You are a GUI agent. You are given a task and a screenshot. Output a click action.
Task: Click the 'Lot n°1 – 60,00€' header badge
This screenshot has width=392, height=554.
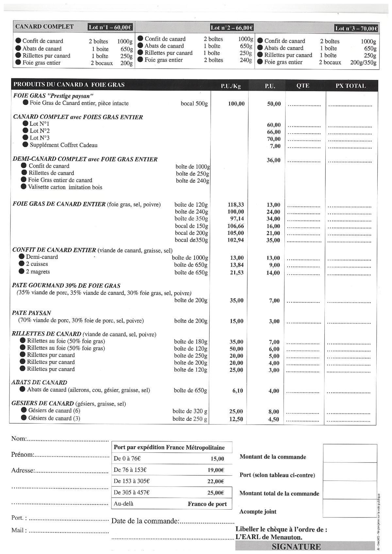coord(110,27)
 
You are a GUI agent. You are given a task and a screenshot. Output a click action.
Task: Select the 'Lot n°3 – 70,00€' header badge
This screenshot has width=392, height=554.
coord(356,28)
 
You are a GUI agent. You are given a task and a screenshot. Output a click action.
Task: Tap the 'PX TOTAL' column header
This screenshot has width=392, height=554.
coord(351,86)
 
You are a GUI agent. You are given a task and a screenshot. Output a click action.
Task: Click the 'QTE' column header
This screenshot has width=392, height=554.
coord(303,86)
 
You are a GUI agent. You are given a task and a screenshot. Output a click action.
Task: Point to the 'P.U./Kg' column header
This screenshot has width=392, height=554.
coord(231,86)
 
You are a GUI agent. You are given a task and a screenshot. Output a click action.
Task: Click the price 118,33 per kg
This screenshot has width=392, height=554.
coord(236,205)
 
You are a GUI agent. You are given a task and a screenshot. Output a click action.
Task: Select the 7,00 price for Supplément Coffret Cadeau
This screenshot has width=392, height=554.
coord(275,146)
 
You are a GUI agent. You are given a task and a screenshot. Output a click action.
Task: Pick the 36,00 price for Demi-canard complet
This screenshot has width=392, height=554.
coord(274,160)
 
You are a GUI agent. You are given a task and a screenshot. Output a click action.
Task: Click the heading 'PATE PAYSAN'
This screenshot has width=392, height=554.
coord(31,313)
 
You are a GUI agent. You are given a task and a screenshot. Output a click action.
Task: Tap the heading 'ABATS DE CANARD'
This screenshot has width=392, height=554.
coord(39,382)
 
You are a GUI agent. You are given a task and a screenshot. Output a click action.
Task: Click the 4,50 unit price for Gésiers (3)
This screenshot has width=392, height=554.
coord(273,419)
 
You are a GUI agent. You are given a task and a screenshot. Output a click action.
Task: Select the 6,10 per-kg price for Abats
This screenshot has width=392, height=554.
coord(237,391)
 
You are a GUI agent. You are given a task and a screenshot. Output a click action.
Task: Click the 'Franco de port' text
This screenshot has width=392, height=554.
coord(207,504)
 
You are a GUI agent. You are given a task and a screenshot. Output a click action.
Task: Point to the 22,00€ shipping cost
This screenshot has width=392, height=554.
coord(216,481)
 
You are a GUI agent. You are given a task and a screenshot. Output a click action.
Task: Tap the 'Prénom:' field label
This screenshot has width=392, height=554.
coord(23,455)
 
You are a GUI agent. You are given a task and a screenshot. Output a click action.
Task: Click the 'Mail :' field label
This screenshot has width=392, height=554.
coord(19,530)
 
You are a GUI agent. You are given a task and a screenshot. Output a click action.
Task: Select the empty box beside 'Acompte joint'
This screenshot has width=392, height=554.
coord(350,508)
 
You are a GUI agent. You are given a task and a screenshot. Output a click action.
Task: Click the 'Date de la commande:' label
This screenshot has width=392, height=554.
coord(145,521)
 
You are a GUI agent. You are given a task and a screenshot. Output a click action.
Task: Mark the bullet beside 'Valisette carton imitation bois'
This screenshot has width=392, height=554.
coord(24,187)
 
